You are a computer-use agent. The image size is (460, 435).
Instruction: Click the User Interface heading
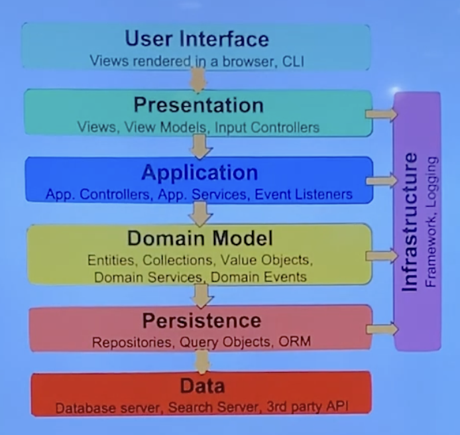(x=197, y=38)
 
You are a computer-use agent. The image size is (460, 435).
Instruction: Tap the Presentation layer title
(x=198, y=105)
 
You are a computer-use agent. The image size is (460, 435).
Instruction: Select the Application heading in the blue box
(x=200, y=172)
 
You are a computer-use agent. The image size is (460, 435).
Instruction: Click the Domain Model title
(x=200, y=238)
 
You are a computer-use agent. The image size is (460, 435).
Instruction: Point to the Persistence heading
(x=201, y=320)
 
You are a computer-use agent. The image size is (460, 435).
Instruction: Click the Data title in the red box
(x=201, y=386)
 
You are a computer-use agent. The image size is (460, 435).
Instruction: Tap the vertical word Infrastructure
(x=411, y=221)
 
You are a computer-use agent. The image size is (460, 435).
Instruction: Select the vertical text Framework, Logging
(x=431, y=221)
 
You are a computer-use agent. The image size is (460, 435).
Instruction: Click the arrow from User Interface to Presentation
(x=198, y=78)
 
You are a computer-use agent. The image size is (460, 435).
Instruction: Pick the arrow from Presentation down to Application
(x=200, y=146)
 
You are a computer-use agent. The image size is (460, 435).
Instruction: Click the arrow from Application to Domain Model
(x=200, y=213)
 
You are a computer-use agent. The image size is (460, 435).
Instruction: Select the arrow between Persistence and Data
(x=202, y=361)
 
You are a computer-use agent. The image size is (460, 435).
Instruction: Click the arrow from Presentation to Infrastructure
(x=381, y=114)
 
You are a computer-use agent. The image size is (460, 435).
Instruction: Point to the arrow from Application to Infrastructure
(x=381, y=180)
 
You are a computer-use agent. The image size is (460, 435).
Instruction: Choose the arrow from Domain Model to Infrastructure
(x=381, y=255)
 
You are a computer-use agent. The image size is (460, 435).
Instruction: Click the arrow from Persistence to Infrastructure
(x=381, y=328)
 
